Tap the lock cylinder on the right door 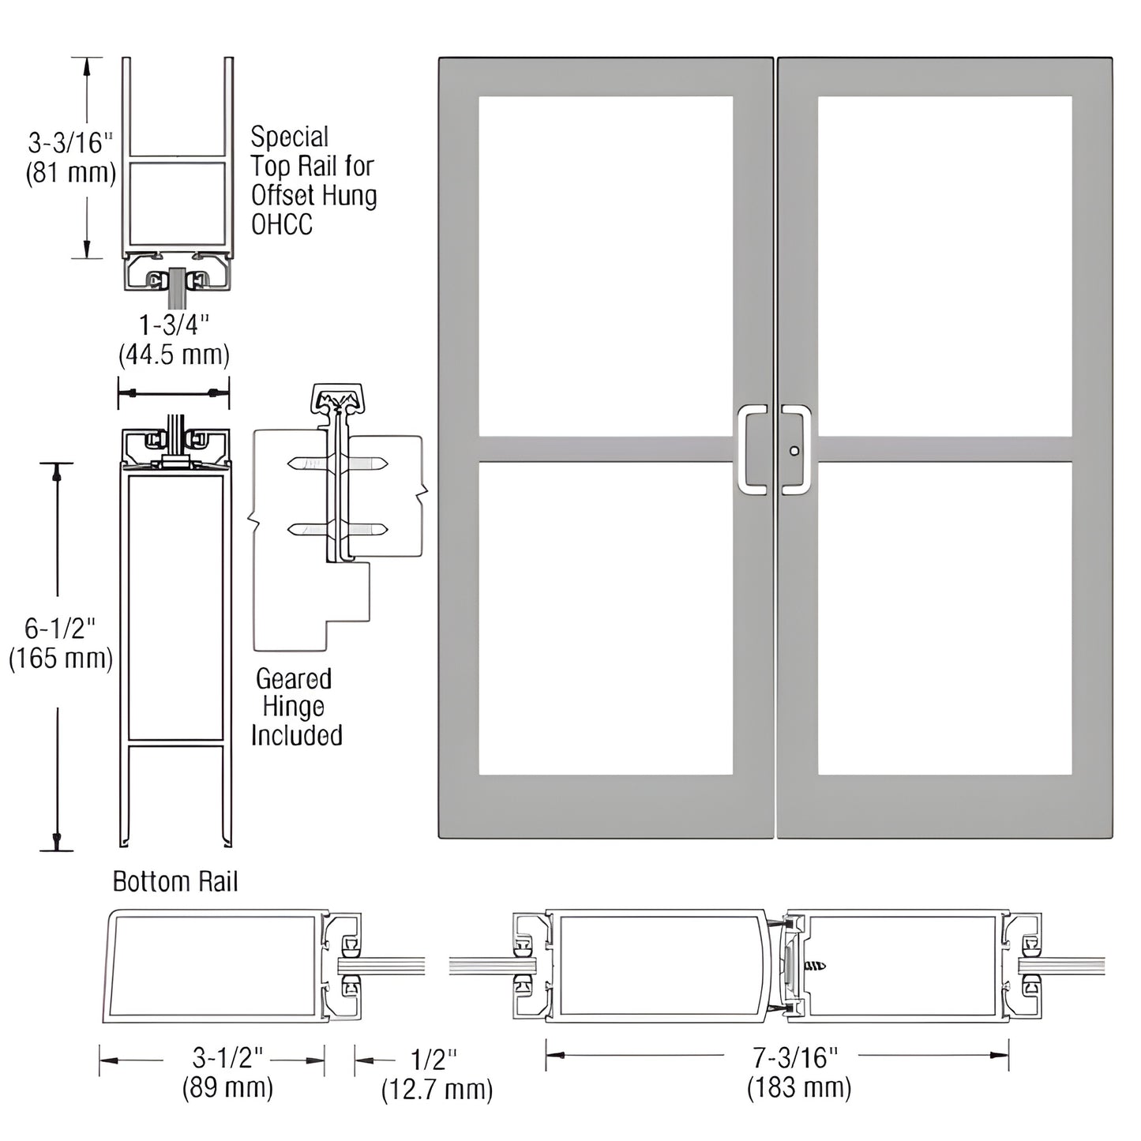coord(794,451)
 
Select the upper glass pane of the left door coord(606,265)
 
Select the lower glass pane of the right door coord(944,617)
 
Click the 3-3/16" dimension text coord(70,143)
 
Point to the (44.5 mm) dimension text coord(174,355)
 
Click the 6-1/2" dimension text coord(60,629)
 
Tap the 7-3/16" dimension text coord(794,1056)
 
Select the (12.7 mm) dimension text coord(437,1090)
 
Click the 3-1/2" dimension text coord(228,1057)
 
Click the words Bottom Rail coord(175,881)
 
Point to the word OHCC coord(282,225)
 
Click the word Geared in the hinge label coord(294,679)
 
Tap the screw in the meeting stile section coord(814,966)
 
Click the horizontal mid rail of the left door coord(606,449)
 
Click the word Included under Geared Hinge coord(297,736)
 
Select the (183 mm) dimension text coord(799,1088)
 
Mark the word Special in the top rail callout coord(289,137)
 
